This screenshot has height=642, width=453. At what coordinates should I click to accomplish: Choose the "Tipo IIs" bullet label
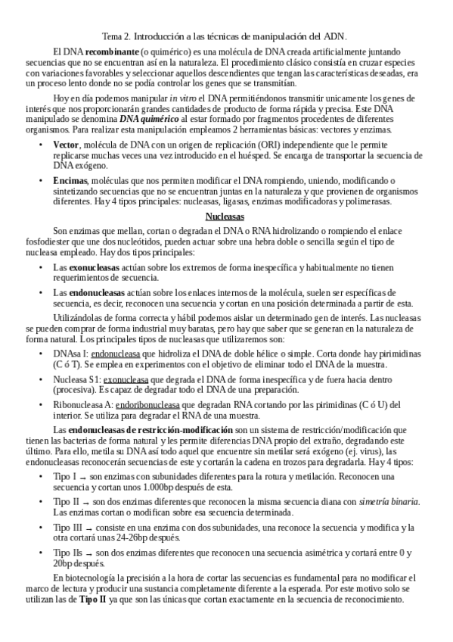click(x=69, y=553)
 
